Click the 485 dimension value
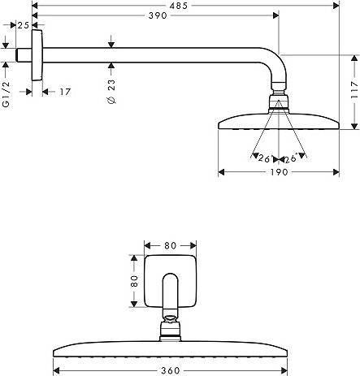[179, 6]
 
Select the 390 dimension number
[158, 15]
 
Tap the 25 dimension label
[24, 25]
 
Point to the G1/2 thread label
[6, 94]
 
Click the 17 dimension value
[65, 92]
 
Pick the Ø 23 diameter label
[111, 92]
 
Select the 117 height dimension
[354, 89]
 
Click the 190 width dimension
[279, 172]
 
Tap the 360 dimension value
[171, 370]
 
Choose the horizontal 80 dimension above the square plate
[170, 245]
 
